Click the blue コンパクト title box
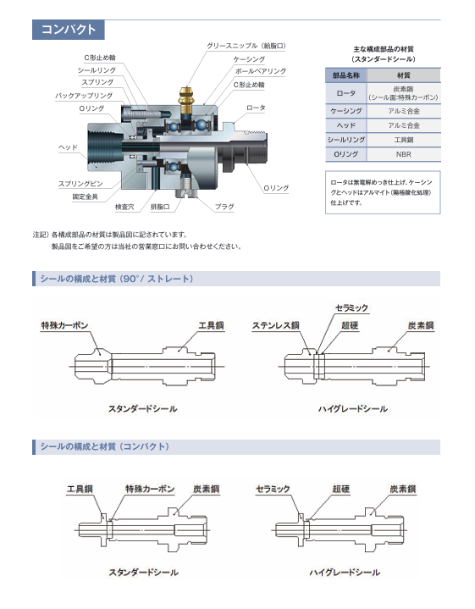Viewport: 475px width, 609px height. (x=69, y=30)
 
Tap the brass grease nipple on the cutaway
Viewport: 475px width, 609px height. (x=186, y=98)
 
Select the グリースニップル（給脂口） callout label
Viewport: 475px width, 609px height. (x=246, y=46)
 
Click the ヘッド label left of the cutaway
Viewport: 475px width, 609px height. (x=68, y=147)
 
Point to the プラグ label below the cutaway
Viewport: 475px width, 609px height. (x=224, y=207)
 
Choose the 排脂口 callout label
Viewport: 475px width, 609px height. (x=160, y=207)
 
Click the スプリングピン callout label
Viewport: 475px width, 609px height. (x=80, y=184)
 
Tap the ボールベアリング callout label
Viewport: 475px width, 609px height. (x=261, y=71)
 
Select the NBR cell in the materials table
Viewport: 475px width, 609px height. (x=404, y=154)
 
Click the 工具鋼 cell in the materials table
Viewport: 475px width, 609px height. (x=404, y=140)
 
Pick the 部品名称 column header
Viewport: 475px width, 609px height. (x=346, y=75)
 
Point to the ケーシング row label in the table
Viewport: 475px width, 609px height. (x=346, y=111)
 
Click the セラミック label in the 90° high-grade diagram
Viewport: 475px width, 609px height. (x=351, y=308)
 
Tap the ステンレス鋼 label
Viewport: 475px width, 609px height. (x=276, y=325)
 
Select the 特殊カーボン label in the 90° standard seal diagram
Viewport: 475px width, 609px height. (x=65, y=325)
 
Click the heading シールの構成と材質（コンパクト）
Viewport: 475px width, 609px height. (x=105, y=446)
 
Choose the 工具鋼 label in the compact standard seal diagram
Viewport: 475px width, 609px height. (x=80, y=489)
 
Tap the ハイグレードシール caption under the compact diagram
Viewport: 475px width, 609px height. (x=345, y=572)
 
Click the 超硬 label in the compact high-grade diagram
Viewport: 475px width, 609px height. (x=341, y=489)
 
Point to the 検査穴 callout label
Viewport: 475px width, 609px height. (x=124, y=207)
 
